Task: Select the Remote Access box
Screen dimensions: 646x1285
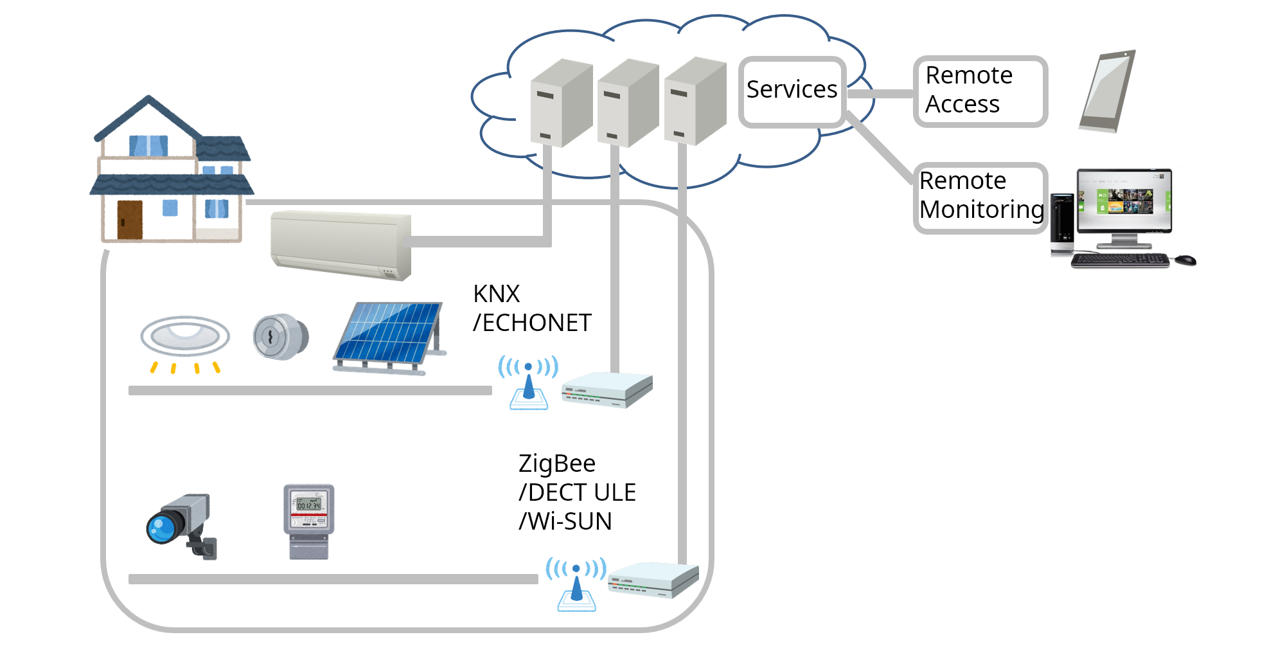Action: tap(980, 91)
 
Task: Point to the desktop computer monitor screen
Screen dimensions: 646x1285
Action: tap(1124, 201)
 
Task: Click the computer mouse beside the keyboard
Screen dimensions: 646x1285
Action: tap(1185, 260)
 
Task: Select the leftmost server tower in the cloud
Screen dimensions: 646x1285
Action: tap(560, 104)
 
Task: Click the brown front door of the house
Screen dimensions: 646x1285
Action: tap(130, 220)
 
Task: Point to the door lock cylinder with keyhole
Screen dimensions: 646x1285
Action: tap(280, 336)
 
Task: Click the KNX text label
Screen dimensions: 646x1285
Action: tap(496, 294)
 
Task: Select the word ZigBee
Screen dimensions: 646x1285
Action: tap(556, 463)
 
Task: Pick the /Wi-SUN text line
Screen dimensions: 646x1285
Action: tap(565, 521)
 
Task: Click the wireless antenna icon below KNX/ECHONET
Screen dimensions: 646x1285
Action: tap(528, 384)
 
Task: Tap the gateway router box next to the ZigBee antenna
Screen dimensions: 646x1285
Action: tap(652, 580)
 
